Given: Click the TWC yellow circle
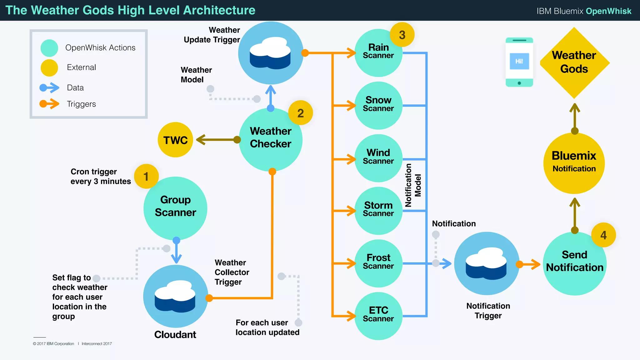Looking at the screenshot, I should point(176,140).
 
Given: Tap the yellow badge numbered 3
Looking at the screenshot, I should point(402,35).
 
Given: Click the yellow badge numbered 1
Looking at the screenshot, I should point(146,176).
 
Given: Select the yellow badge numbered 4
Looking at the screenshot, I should point(603,235).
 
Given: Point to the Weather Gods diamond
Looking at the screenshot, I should point(574,62).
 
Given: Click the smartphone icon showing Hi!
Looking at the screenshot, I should point(519,62).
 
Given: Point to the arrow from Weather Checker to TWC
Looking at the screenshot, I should point(217,140).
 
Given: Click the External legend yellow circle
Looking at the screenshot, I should point(49,67).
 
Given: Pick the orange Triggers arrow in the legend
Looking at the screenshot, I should point(49,104).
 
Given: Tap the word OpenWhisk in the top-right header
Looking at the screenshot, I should point(608,11).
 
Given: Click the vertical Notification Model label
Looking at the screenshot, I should point(413,185).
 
